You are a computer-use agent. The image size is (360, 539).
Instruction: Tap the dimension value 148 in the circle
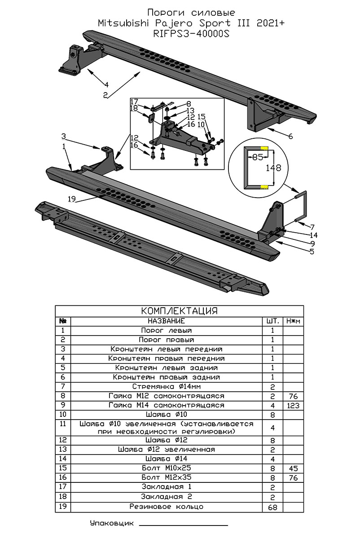tap(273, 168)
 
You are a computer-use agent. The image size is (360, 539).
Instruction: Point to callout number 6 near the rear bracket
tap(290, 136)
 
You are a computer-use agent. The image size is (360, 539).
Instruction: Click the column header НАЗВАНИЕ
tap(166, 321)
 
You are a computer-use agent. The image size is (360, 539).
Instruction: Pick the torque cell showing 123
tap(293, 406)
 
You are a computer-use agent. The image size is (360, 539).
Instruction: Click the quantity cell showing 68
tap(272, 507)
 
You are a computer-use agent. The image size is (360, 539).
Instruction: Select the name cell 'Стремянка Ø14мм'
tap(166, 387)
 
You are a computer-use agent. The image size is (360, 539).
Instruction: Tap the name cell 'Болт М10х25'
tap(166, 468)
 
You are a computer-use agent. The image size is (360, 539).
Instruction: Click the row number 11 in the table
tap(63, 424)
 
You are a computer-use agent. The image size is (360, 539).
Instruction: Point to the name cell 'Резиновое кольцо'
tap(166, 507)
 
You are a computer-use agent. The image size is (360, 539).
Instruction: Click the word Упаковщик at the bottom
tap(112, 524)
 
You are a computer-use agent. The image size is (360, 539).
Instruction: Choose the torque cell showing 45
tap(293, 468)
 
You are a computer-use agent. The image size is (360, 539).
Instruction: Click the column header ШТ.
tap(272, 321)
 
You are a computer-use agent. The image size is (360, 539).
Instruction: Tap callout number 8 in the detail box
tap(176, 103)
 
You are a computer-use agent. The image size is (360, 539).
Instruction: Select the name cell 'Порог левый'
tap(166, 331)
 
